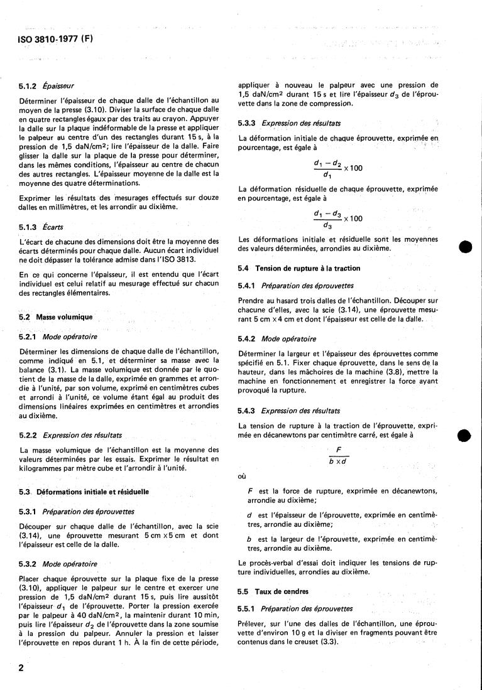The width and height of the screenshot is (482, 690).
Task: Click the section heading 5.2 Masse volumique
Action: tap(56, 318)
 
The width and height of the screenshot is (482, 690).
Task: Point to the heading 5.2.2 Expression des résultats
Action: tap(72, 434)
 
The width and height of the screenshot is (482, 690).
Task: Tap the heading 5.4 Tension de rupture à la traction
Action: tap(299, 268)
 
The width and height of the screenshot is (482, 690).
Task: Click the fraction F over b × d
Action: tap(338, 455)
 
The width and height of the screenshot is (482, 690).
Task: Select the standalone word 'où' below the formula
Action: tap(243, 476)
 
